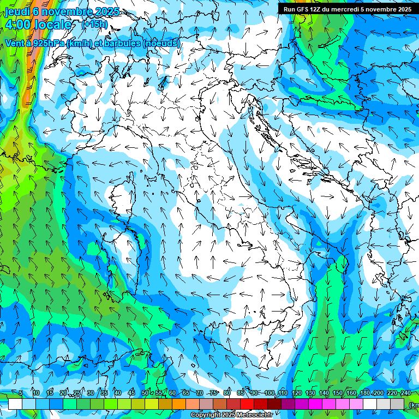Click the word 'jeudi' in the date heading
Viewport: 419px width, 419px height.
(17, 11)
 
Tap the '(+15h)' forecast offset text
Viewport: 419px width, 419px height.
(94, 25)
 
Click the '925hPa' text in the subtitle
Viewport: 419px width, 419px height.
(48, 43)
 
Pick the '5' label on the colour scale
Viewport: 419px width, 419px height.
(21, 393)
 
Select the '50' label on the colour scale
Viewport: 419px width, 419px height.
(145, 393)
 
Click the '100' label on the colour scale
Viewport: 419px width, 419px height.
(269, 393)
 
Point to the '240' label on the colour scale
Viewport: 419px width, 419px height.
(406, 393)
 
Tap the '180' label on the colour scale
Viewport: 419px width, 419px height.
(364, 393)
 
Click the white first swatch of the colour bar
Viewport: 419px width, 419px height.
(15, 404)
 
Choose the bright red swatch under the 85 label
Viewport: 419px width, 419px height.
(247, 404)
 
